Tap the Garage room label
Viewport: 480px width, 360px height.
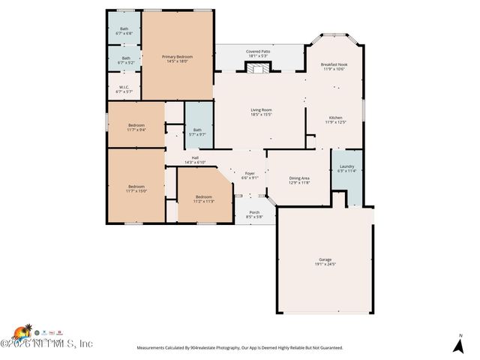325,259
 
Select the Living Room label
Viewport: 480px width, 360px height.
261,110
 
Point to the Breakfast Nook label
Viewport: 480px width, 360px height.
335,64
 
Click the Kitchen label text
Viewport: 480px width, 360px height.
335,118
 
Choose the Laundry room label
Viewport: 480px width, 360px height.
346,166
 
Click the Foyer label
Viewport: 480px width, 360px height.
250,173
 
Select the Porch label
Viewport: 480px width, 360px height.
254,212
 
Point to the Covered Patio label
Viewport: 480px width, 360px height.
258,52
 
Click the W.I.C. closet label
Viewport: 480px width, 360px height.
124,87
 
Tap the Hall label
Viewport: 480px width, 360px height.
195,157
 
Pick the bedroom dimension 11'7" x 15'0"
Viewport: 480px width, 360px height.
136,190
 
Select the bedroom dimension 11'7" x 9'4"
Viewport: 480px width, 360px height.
136,130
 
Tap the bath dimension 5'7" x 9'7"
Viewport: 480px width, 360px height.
197,134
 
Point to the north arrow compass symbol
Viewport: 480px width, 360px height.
458,344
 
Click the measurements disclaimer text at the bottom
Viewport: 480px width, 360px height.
239,348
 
